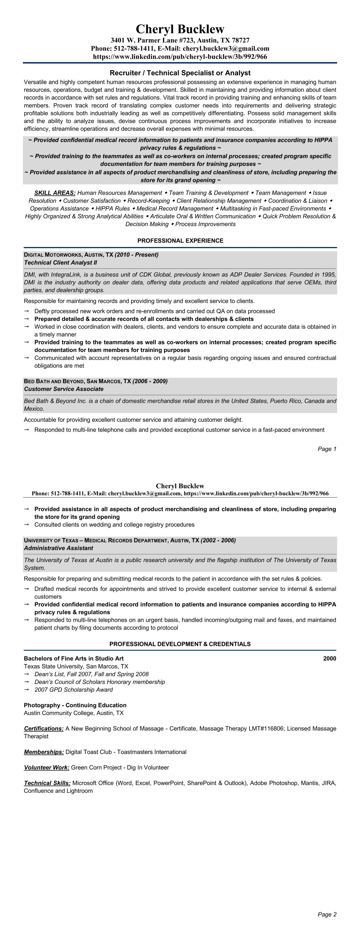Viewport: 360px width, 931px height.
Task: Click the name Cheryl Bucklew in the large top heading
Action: (180, 29)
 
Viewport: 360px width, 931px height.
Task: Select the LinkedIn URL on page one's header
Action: (180, 56)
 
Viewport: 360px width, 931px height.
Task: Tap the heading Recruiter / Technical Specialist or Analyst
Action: (180, 73)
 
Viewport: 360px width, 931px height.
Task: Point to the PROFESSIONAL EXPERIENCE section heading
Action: (180, 241)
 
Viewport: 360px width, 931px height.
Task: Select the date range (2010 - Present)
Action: (137, 255)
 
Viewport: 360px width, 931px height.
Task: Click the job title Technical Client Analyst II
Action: (60, 263)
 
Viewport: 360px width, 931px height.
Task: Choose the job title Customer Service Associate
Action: (64, 389)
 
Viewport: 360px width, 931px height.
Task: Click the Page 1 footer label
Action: (327, 449)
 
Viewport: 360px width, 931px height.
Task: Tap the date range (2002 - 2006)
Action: (218, 540)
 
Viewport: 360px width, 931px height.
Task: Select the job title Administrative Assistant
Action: (58, 548)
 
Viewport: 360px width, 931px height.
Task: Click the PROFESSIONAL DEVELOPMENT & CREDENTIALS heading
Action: (180, 644)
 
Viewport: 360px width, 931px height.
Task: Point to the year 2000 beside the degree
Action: (329, 659)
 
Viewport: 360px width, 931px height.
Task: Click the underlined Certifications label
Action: (44, 729)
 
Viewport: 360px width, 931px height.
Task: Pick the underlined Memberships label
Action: (44, 752)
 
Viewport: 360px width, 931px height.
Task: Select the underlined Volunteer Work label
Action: (47, 768)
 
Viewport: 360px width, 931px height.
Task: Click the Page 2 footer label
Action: (327, 914)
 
